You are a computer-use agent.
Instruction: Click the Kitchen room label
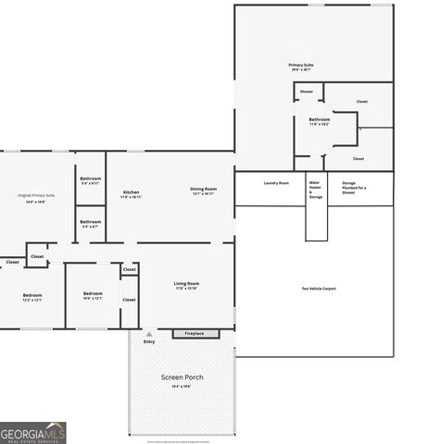tap(131, 192)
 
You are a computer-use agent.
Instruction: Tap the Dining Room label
tap(204, 189)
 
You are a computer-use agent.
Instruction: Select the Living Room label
tap(186, 283)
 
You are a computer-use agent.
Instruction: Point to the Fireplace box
tap(195, 333)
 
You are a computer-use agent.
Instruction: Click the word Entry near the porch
tap(149, 342)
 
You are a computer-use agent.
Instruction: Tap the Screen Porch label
tap(182, 377)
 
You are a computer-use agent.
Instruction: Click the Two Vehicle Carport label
tap(319, 289)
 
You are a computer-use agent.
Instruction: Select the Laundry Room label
tap(276, 183)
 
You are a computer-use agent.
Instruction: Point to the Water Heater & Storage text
tap(316, 190)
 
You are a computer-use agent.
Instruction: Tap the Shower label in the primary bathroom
tap(306, 92)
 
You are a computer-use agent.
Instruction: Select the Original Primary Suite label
tap(36, 195)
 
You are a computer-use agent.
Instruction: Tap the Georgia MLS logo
tap(33, 433)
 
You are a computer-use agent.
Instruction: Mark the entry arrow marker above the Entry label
tap(148, 333)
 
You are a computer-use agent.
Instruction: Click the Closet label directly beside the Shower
tap(361, 102)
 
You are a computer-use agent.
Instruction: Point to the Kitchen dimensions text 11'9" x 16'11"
tap(131, 197)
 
